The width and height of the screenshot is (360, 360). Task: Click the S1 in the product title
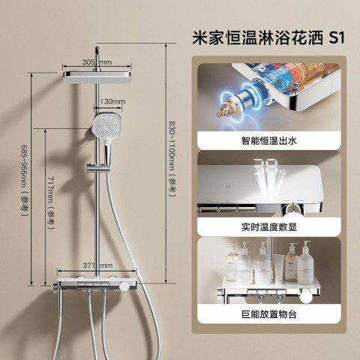click(336, 38)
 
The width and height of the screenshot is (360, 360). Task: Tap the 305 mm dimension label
click(97, 62)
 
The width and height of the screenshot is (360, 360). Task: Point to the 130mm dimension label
click(112, 101)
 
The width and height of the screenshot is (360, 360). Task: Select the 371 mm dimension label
click(97, 265)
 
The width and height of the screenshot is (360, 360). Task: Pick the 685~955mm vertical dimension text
click(25, 181)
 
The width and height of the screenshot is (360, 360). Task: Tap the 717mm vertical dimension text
click(50, 203)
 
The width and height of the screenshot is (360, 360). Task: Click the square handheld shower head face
click(106, 126)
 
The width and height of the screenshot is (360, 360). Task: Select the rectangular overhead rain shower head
click(97, 77)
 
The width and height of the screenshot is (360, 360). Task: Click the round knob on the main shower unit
click(124, 286)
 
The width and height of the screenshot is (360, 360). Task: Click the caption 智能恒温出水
click(269, 141)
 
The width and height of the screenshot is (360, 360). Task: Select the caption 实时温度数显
click(269, 227)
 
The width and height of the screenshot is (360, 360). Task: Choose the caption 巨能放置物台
click(269, 314)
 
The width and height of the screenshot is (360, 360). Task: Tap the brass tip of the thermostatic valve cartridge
click(223, 114)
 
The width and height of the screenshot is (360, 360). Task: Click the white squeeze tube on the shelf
click(278, 268)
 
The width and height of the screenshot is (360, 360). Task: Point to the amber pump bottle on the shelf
click(292, 262)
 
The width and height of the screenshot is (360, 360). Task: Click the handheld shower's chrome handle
click(108, 153)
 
